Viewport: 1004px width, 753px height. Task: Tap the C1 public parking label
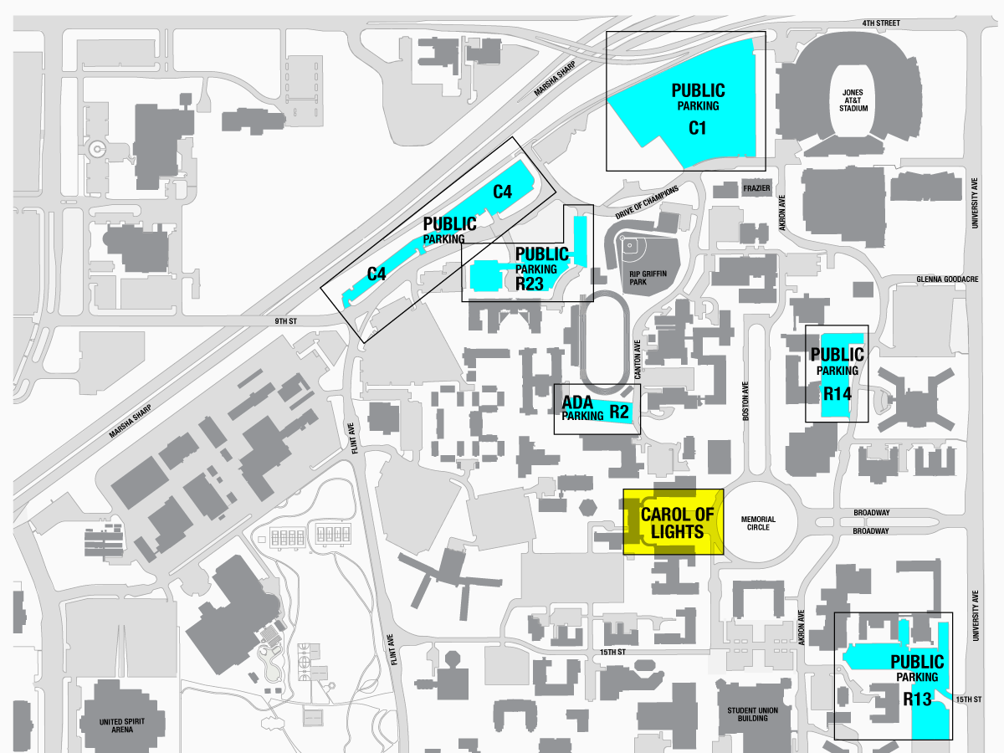(x=698, y=108)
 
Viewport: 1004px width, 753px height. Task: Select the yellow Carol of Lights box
(x=673, y=522)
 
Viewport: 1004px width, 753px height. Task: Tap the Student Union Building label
(x=753, y=715)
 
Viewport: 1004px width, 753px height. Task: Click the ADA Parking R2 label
(x=595, y=409)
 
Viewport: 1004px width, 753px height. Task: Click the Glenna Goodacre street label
(x=946, y=279)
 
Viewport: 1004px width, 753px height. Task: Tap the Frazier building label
(x=756, y=189)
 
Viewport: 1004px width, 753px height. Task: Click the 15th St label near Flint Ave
(x=612, y=652)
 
